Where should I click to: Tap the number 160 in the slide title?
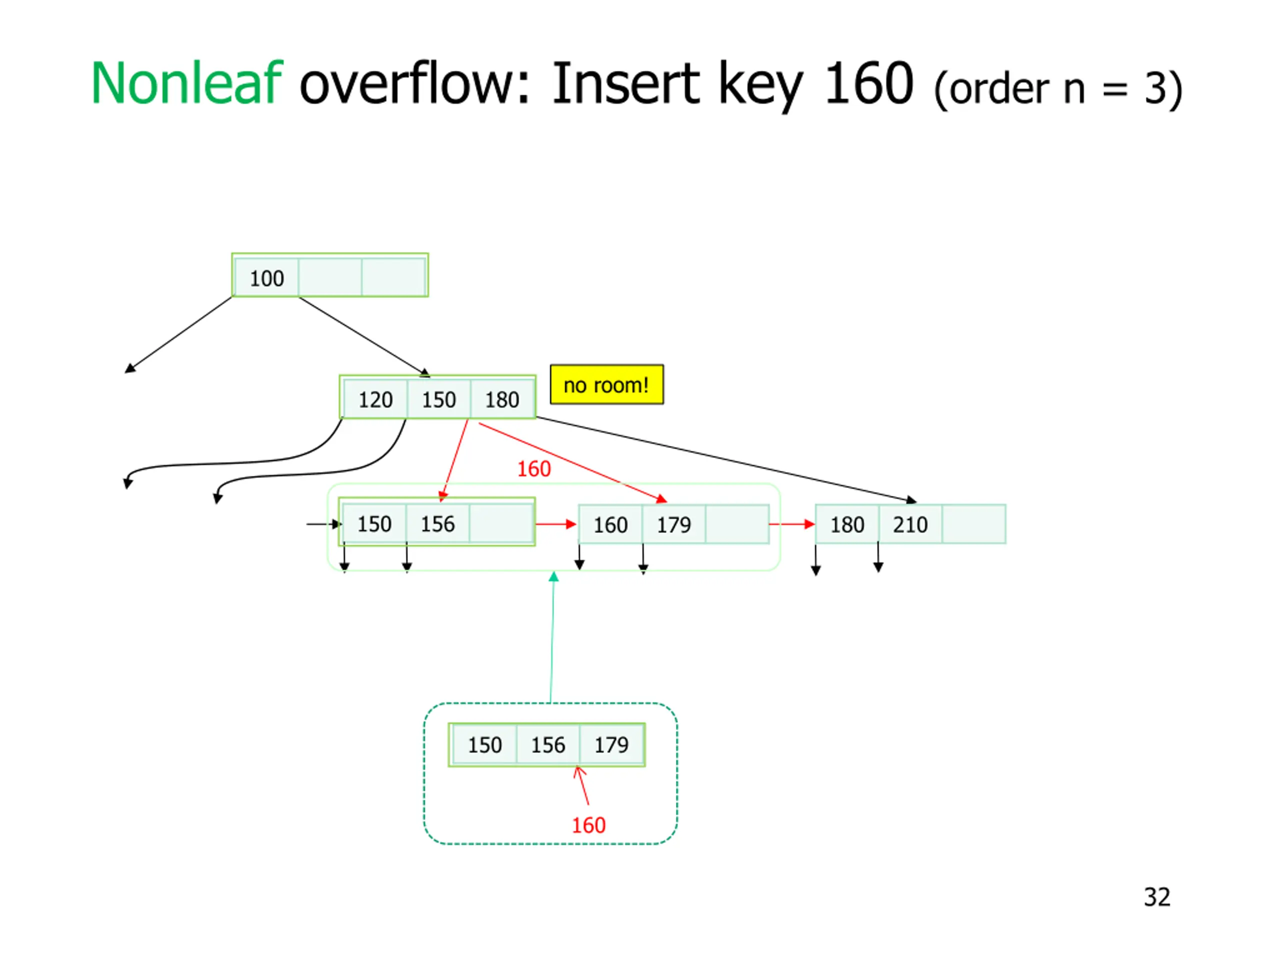pos(868,84)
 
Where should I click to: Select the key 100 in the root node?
pos(267,278)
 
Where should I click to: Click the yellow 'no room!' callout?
pos(606,385)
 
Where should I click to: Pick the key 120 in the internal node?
pos(375,400)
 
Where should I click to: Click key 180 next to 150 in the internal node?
pos(501,400)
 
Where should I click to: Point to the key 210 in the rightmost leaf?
pos(909,525)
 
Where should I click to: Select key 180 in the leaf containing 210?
pos(847,525)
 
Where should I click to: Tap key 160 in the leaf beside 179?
pos(610,525)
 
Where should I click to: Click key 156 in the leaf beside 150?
pos(437,523)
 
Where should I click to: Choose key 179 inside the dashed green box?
pos(611,744)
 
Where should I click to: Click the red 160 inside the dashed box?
pos(588,825)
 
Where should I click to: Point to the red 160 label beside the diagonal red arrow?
pos(533,468)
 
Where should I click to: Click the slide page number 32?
pos(1156,897)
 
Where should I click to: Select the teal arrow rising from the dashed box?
pos(552,636)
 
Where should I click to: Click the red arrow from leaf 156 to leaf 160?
pos(555,524)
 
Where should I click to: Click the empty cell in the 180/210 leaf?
pos(973,524)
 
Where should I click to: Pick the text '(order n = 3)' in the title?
pos(1058,88)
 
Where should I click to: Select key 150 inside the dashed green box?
pos(484,744)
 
